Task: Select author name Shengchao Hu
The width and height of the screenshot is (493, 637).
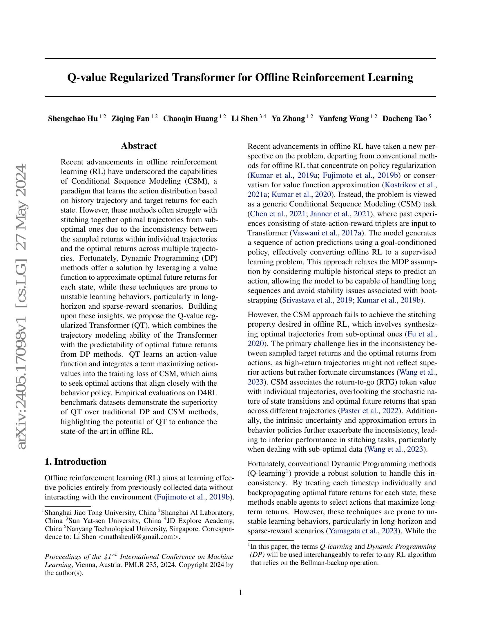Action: tap(73, 119)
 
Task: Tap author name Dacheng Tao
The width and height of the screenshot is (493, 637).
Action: tap(405, 119)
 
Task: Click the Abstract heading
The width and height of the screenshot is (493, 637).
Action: tap(139, 146)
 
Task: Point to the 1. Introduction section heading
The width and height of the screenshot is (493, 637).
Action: tap(75, 462)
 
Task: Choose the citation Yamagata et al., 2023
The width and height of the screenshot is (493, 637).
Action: tap(363, 531)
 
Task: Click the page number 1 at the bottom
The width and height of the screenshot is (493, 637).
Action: tap(240, 593)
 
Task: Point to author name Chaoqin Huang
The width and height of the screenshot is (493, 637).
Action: tap(191, 119)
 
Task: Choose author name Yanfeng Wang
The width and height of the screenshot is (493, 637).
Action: tap(344, 119)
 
